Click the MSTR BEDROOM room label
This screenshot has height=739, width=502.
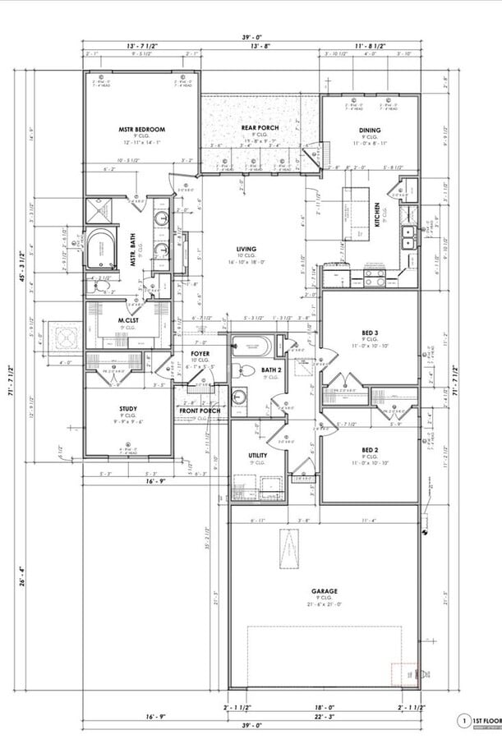pyautogui.click(x=141, y=129)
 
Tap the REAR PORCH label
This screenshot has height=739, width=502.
pyautogui.click(x=260, y=128)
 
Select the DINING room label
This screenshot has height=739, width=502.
pyautogui.click(x=369, y=130)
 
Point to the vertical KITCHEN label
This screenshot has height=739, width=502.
pyautogui.click(x=377, y=215)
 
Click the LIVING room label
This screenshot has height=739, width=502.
pyautogui.click(x=246, y=249)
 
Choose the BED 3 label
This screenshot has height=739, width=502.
pyautogui.click(x=370, y=333)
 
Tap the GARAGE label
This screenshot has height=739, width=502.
pyautogui.click(x=324, y=590)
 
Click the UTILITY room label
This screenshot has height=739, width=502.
pyautogui.click(x=258, y=454)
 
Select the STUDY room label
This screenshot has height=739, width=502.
pyautogui.click(x=128, y=408)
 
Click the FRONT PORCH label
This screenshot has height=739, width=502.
pyautogui.click(x=200, y=410)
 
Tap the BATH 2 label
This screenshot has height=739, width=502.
pyautogui.click(x=271, y=370)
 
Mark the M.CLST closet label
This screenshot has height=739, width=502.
pyautogui.click(x=127, y=320)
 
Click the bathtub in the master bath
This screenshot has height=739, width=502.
pyautogui.click(x=102, y=249)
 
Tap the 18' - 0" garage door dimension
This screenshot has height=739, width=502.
pyautogui.click(x=325, y=707)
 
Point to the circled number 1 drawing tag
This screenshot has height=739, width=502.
pyautogui.click(x=464, y=721)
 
